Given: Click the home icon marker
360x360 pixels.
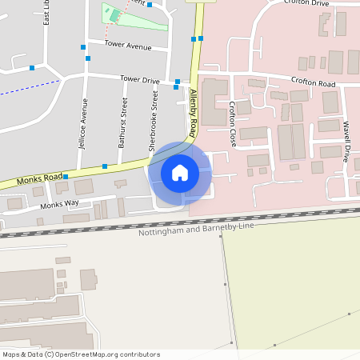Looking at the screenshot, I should (179, 172).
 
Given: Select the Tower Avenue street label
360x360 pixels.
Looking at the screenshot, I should (127, 46).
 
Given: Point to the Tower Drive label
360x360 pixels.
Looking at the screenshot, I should (139, 79).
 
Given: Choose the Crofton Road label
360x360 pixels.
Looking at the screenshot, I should (312, 83).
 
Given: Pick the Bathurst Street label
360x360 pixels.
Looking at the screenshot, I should (122, 122).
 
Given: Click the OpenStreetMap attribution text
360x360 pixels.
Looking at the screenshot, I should (81, 354).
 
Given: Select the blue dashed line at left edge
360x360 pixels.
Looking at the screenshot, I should (28, 88).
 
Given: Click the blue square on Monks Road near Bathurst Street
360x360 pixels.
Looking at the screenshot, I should (105, 166).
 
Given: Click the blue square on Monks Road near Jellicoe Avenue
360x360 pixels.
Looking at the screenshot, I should (66, 176).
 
